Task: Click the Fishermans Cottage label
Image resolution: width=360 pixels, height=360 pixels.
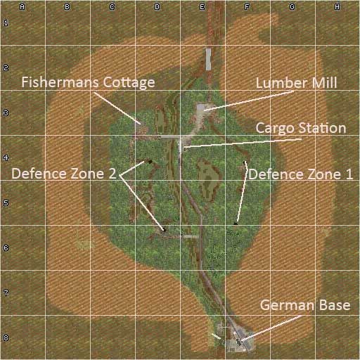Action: click(x=88, y=82)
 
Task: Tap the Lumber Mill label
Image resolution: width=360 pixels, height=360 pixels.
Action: click(x=296, y=82)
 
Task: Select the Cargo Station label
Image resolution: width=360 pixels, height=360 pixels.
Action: click(x=300, y=128)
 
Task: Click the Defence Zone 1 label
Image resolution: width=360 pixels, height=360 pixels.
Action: click(x=301, y=173)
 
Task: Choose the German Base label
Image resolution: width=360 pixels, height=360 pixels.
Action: click(x=305, y=306)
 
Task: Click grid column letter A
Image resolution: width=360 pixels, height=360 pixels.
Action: click(x=22, y=7)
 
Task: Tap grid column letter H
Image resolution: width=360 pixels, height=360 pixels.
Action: click(x=337, y=7)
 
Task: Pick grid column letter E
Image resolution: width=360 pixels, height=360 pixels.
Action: click(x=202, y=7)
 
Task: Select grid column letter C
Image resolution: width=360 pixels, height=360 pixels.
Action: click(x=112, y=7)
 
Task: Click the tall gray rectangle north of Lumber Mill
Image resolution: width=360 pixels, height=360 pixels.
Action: click(x=208, y=59)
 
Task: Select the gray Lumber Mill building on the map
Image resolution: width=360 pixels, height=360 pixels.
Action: click(x=202, y=108)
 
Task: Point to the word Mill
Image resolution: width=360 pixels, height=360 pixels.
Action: click(x=324, y=82)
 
